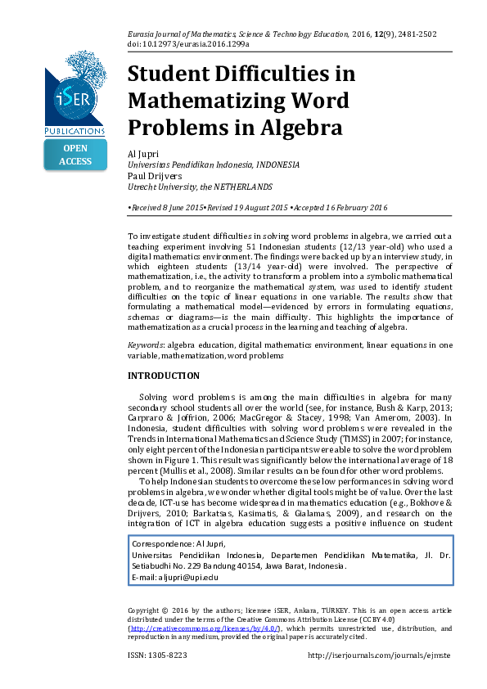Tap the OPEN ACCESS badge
[x=75, y=155]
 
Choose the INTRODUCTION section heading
[x=164, y=376]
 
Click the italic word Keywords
[x=143, y=345]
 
